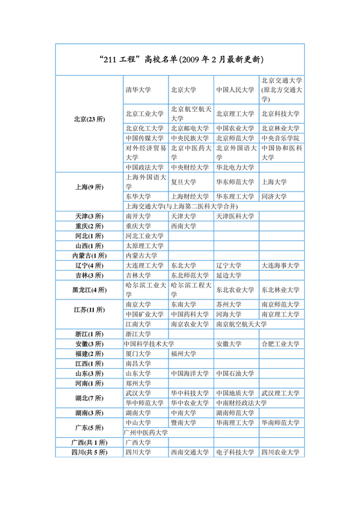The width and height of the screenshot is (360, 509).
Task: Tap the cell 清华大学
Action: [x=138, y=90]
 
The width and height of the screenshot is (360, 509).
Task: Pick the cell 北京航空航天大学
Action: [x=190, y=114]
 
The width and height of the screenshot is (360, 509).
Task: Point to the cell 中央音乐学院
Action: [x=281, y=138]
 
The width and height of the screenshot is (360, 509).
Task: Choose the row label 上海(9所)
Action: [x=89, y=187]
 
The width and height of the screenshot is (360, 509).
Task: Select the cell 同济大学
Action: [x=274, y=197]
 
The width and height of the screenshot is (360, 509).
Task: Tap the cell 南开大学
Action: [x=138, y=216]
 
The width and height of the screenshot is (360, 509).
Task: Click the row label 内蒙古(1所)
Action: [x=89, y=255]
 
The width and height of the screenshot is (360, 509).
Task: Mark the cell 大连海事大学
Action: [x=281, y=265]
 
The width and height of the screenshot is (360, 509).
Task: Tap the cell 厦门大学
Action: [x=138, y=353]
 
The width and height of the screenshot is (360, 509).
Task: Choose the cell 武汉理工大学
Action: [x=281, y=393]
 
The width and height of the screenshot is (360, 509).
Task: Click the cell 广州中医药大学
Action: [x=147, y=433]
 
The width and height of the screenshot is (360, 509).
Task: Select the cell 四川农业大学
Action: [x=281, y=452]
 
